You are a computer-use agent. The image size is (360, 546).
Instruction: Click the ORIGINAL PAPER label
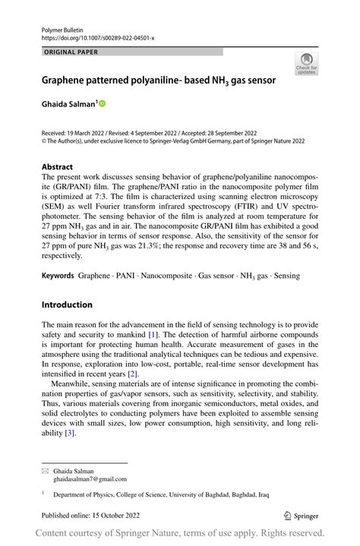point(71,52)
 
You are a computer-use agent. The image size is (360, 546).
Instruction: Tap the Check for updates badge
point(307,64)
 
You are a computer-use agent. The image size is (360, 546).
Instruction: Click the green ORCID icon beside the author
point(101,103)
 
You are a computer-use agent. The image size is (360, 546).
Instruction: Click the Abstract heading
point(58,166)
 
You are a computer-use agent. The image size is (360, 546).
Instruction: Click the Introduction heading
point(67,305)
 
